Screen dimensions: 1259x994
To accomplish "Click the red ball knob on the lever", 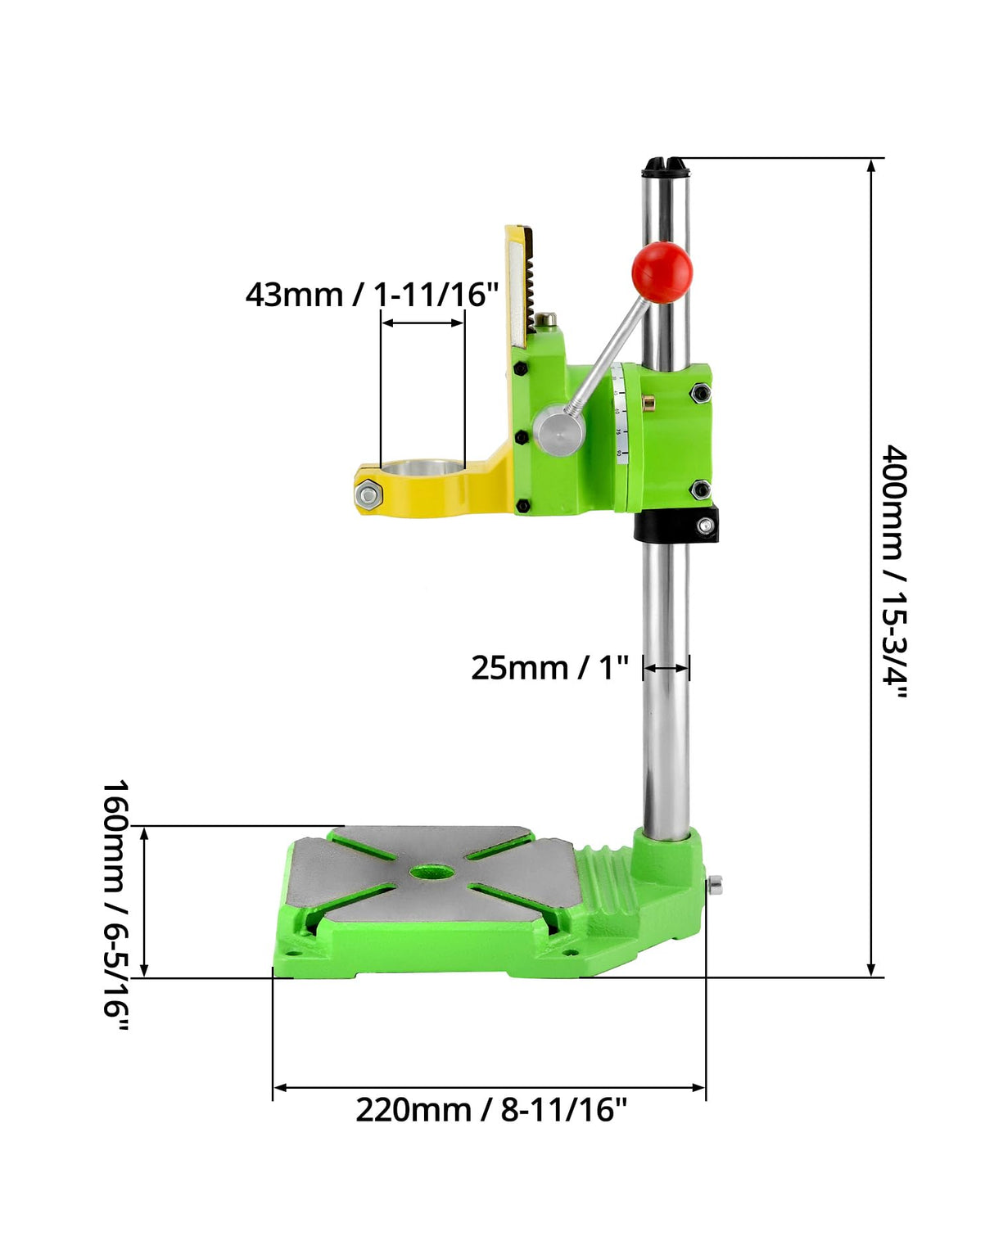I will [662, 272].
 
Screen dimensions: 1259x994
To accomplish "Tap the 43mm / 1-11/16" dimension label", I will [372, 294].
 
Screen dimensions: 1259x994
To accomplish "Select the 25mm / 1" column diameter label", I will [549, 668].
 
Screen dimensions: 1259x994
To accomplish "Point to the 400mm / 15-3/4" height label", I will [894, 571].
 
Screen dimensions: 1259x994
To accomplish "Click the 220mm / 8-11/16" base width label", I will [490, 1110].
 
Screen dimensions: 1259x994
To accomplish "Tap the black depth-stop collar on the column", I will [676, 524].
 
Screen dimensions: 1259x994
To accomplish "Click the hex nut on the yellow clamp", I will [368, 494].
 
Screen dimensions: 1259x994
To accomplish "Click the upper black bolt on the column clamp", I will [700, 393].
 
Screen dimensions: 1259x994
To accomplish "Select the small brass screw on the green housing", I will [649, 404].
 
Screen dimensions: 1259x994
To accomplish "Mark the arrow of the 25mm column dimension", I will [666, 668].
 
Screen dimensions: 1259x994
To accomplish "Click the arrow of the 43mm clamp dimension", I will [422, 323].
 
